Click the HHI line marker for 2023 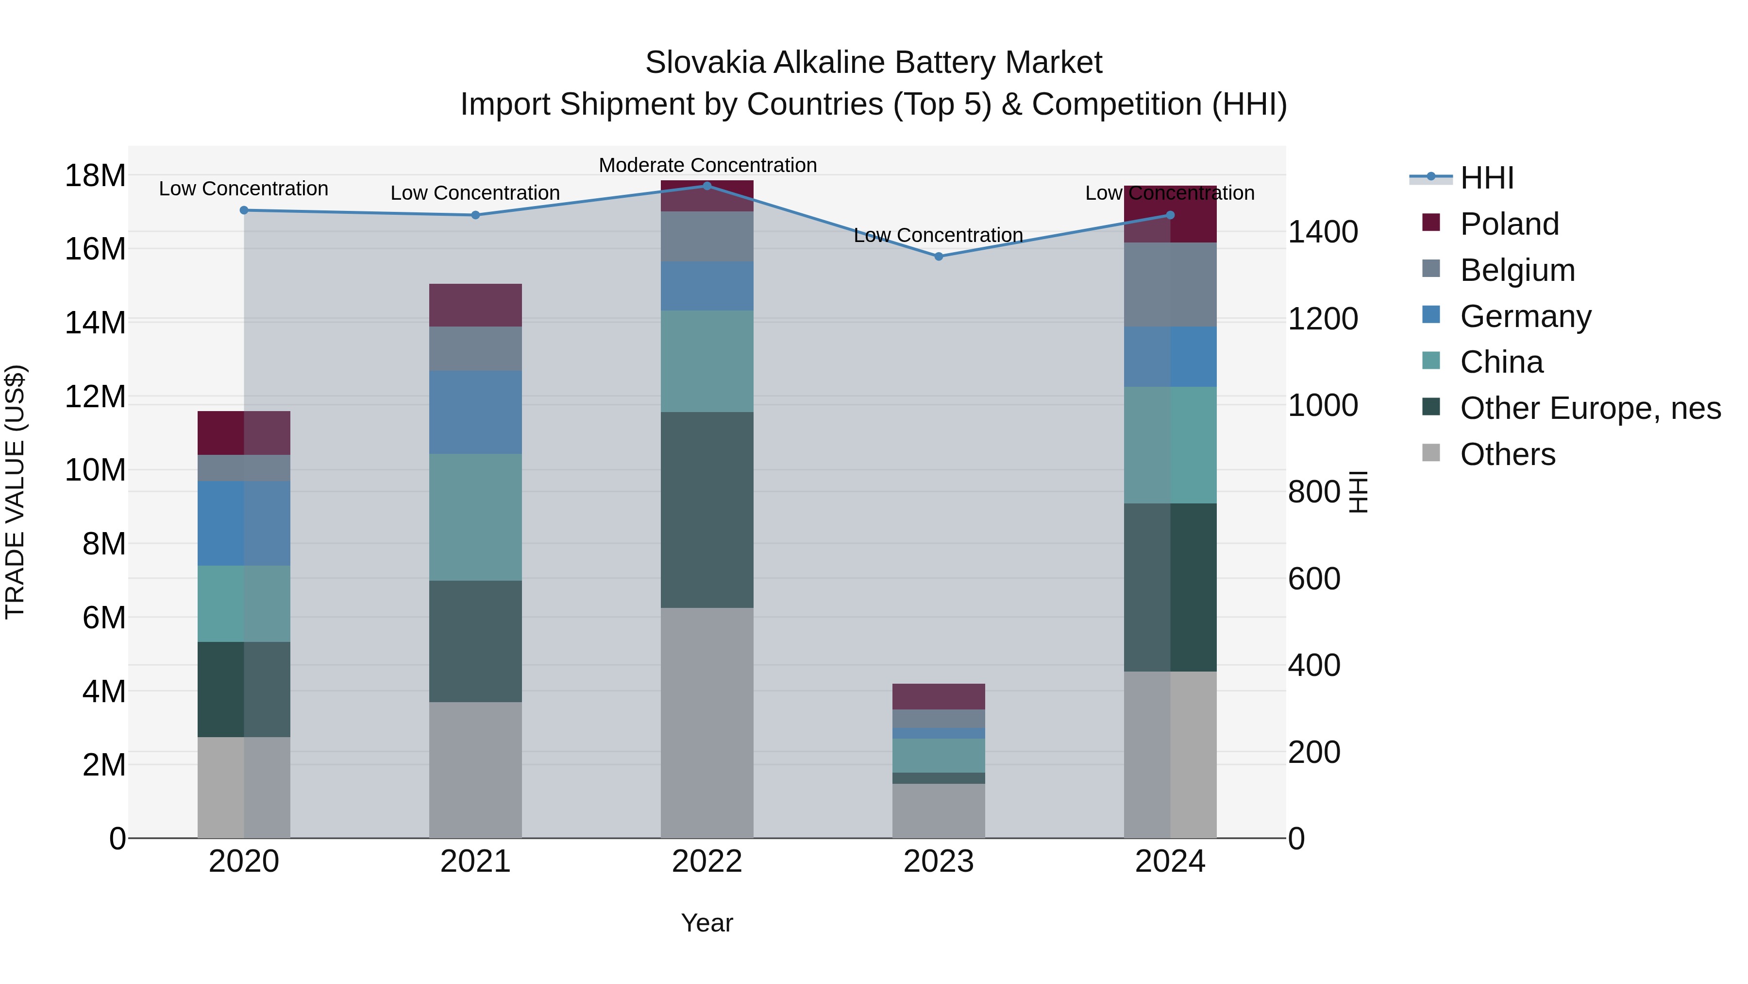click(x=939, y=257)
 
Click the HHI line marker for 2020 click(x=244, y=210)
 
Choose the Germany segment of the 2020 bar click(x=244, y=523)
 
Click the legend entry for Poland click(x=1509, y=224)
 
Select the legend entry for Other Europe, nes click(x=1590, y=408)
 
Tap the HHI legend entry click(x=1486, y=178)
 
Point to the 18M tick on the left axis click(x=95, y=176)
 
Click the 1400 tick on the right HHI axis click(x=1323, y=232)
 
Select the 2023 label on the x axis click(x=939, y=862)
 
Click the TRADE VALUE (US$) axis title click(x=15, y=492)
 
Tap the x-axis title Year click(x=707, y=923)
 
